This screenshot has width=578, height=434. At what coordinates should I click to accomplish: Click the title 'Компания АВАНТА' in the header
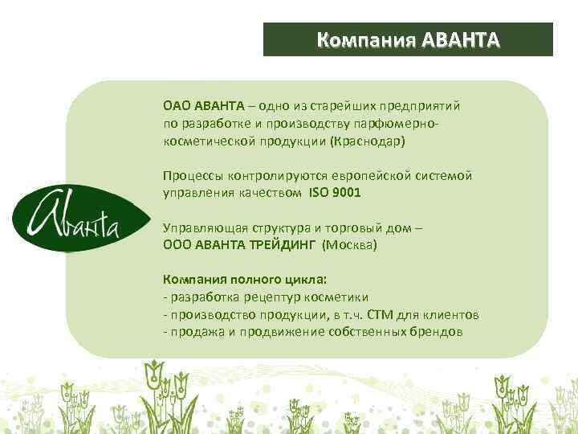[408, 39]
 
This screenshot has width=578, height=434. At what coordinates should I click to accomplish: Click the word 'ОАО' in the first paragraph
[175, 106]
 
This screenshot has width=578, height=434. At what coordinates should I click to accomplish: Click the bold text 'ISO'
[318, 193]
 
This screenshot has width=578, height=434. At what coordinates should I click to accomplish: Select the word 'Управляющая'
[201, 228]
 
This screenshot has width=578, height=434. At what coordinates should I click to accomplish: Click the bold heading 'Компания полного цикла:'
[245, 280]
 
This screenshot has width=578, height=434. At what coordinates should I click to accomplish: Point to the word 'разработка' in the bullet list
[200, 297]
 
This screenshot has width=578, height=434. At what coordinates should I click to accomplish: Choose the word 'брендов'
[438, 331]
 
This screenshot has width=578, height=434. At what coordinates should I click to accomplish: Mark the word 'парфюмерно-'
[402, 124]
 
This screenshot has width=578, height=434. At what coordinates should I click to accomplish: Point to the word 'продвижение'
[283, 331]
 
